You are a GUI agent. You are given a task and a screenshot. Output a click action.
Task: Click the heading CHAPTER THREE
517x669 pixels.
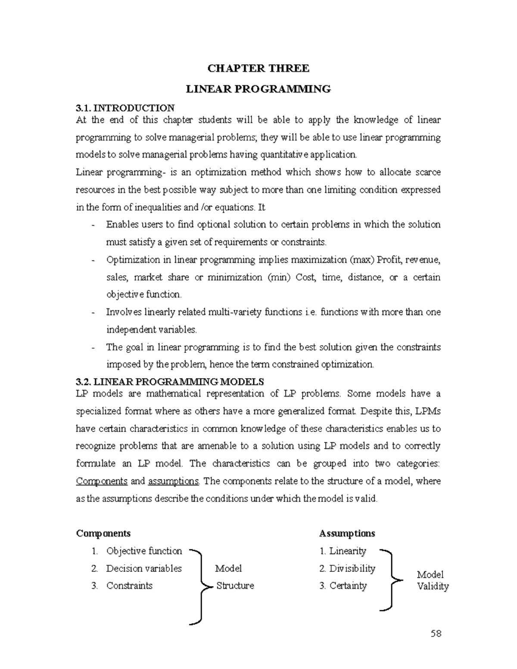tap(258, 68)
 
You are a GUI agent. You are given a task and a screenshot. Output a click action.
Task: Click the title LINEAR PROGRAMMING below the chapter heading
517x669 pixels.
tap(258, 89)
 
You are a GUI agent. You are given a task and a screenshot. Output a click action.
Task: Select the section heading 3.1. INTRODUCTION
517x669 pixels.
tap(125, 108)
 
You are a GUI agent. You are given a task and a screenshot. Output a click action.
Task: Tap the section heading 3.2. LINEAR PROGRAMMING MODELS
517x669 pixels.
tap(169, 382)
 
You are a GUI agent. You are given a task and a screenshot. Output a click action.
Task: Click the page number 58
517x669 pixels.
tap(436, 634)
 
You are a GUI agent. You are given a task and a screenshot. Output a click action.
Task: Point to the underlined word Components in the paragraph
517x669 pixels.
tap(102, 481)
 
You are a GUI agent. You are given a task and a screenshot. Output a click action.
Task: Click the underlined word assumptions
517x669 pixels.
tap(173, 481)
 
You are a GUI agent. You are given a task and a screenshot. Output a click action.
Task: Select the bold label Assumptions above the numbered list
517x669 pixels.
tap(347, 533)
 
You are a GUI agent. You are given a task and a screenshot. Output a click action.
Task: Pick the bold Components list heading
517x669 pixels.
tap(103, 533)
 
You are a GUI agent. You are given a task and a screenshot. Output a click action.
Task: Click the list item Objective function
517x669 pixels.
tap(144, 551)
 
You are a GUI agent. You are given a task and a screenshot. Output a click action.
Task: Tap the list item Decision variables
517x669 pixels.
tap(144, 569)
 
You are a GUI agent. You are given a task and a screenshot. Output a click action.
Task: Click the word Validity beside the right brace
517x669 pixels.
tap(433, 586)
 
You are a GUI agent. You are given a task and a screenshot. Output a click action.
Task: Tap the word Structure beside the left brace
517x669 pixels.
tap(235, 586)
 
